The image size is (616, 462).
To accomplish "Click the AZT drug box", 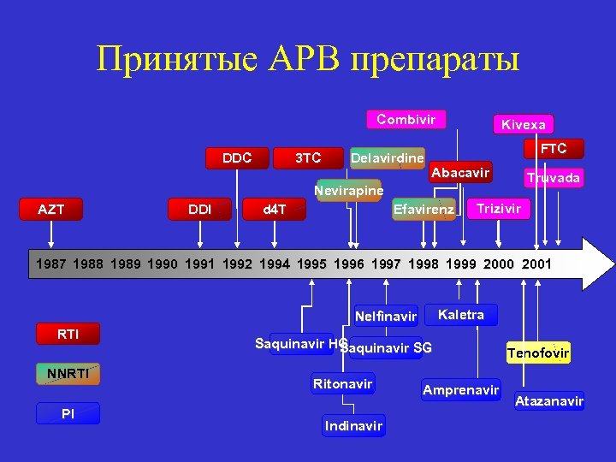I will point(51,209).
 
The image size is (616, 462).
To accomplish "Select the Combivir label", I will point(406,120).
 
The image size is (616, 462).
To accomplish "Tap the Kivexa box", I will point(523,124).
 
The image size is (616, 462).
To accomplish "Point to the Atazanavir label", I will point(548,400).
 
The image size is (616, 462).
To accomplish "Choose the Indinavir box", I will point(354,425).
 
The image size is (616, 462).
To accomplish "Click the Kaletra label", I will point(460,315).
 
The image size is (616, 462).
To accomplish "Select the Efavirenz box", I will point(423,209).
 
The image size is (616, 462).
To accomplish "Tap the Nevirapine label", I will point(349,190).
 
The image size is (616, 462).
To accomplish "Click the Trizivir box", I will point(498,209).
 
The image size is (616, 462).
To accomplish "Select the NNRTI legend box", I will point(68,373).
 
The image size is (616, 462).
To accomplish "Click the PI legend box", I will point(68,413).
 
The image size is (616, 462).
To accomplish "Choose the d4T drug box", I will point(275,209).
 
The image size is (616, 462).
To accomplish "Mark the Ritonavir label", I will point(342,384).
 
